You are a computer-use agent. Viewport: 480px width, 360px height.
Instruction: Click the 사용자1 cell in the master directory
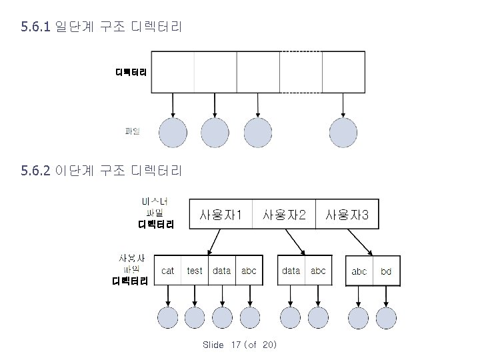tap(221, 215)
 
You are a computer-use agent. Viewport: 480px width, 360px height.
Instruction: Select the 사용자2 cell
tap(285, 215)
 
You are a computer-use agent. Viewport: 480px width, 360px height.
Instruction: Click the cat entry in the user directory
tap(168, 271)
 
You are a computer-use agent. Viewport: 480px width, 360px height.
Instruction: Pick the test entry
tap(195, 271)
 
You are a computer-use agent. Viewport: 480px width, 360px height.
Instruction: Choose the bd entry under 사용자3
tap(386, 271)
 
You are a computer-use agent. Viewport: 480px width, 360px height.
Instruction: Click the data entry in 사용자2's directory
tap(291, 271)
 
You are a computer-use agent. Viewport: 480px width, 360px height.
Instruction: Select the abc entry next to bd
tap(359, 271)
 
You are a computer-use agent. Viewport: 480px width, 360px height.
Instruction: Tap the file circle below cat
tap(167, 318)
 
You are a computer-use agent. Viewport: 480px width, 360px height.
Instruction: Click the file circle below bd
tap(386, 318)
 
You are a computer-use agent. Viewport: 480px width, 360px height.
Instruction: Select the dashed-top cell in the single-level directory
tap(301, 72)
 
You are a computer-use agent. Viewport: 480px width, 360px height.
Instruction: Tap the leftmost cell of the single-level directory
tap(173, 72)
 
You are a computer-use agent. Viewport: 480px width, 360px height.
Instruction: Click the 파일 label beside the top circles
tap(133, 131)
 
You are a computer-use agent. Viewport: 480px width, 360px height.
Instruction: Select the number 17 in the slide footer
tap(235, 345)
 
